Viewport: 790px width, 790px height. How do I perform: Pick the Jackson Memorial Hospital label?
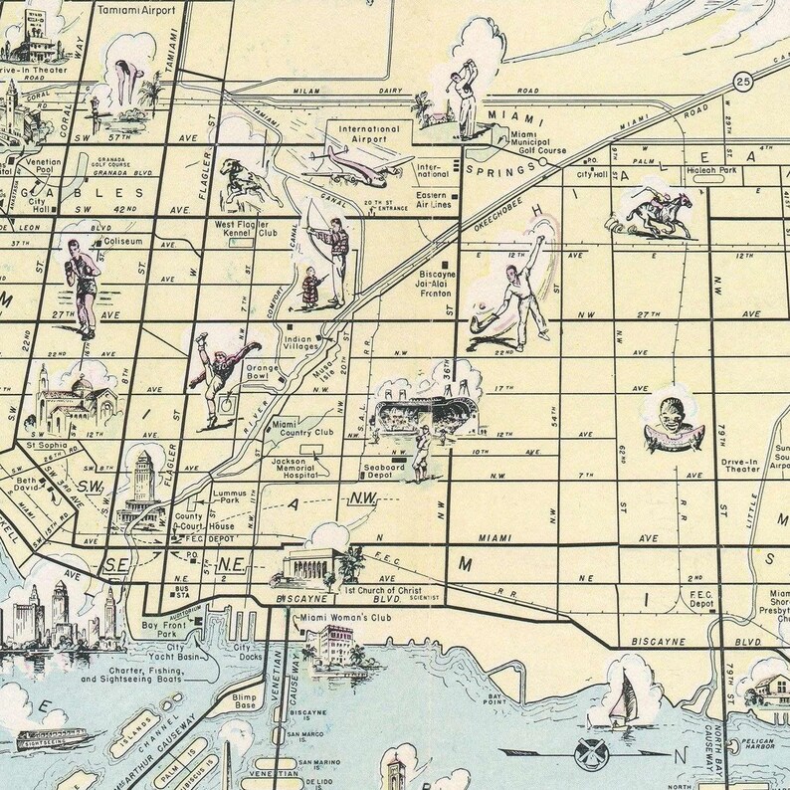[296, 468]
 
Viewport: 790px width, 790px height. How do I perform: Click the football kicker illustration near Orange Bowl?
[220, 379]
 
